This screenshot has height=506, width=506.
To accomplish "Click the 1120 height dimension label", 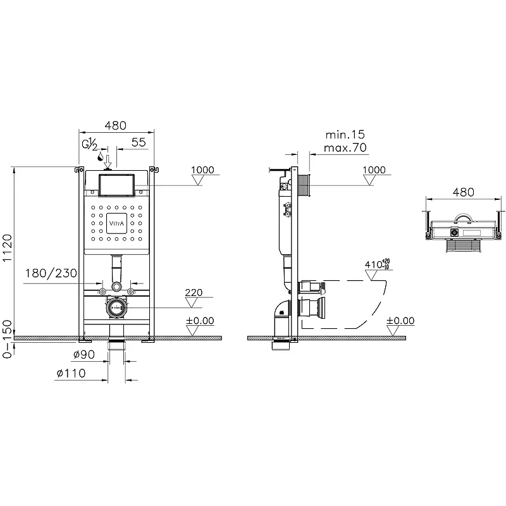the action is pyautogui.click(x=7, y=248).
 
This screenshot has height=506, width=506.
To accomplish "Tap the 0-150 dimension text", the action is pyautogui.click(x=7, y=339).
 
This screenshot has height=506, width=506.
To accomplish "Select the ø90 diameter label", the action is pyautogui.click(x=84, y=355).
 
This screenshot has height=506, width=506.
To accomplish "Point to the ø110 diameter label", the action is pyautogui.click(x=71, y=373).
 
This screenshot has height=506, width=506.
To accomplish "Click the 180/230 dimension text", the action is pyautogui.click(x=51, y=273).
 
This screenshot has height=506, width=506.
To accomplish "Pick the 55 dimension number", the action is pyautogui.click(x=139, y=142).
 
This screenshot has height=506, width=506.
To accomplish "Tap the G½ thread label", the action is pyautogui.click(x=89, y=144).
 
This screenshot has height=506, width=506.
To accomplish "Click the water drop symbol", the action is pyautogui.click(x=101, y=157).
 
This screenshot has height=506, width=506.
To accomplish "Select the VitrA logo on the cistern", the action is pyautogui.click(x=116, y=223).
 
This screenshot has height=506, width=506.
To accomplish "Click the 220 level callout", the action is pyautogui.click(x=194, y=292).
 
